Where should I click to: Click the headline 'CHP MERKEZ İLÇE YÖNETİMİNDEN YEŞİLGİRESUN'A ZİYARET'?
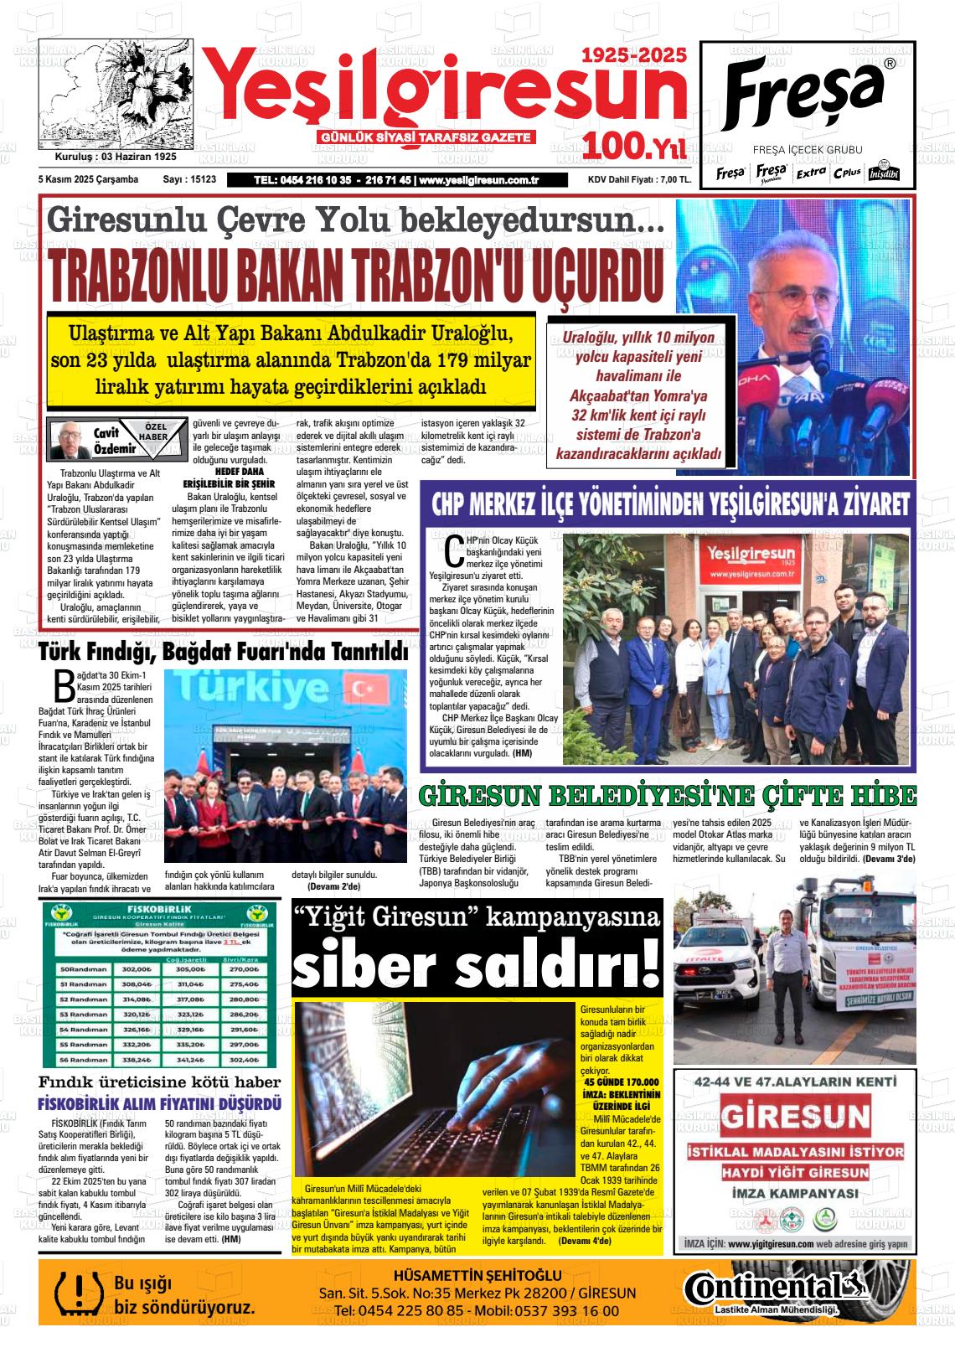point(669,505)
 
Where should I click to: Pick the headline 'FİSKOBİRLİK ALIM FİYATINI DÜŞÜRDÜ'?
point(160,1104)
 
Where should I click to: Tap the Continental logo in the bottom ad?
point(772,1287)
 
